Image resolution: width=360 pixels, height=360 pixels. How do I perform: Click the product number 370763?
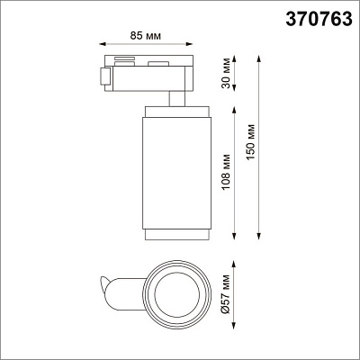click(319, 19)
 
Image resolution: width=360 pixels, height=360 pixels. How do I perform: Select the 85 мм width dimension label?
click(146, 36)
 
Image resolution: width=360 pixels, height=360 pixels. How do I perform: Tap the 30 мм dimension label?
click(227, 73)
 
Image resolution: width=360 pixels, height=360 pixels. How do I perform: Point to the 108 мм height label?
click(226, 172)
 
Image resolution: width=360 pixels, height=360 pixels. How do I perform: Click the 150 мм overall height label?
click(250, 142)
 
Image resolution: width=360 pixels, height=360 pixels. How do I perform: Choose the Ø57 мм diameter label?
click(226, 294)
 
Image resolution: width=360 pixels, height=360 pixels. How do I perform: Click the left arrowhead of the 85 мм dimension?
click(103, 44)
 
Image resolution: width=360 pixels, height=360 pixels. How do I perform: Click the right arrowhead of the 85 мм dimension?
click(189, 44)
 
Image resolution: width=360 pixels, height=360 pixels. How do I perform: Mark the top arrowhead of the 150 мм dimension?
click(259, 59)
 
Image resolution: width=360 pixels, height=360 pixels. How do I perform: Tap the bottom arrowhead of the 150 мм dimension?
click(259, 237)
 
